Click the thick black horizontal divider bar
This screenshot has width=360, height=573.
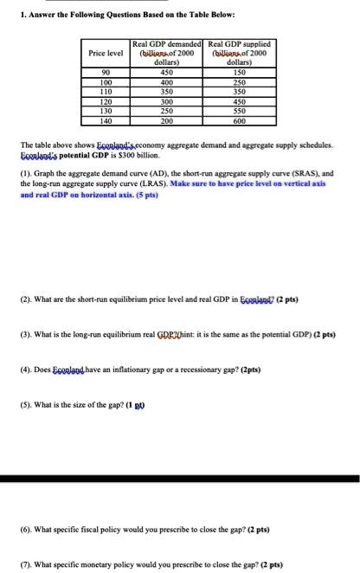(180, 479)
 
